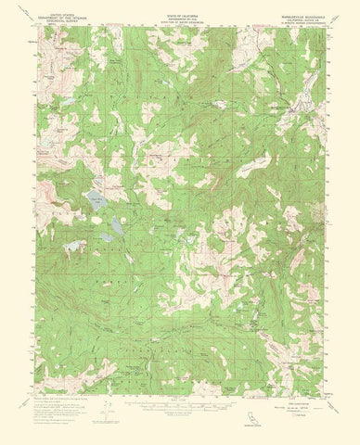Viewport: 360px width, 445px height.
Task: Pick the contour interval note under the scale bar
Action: [179, 408]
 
